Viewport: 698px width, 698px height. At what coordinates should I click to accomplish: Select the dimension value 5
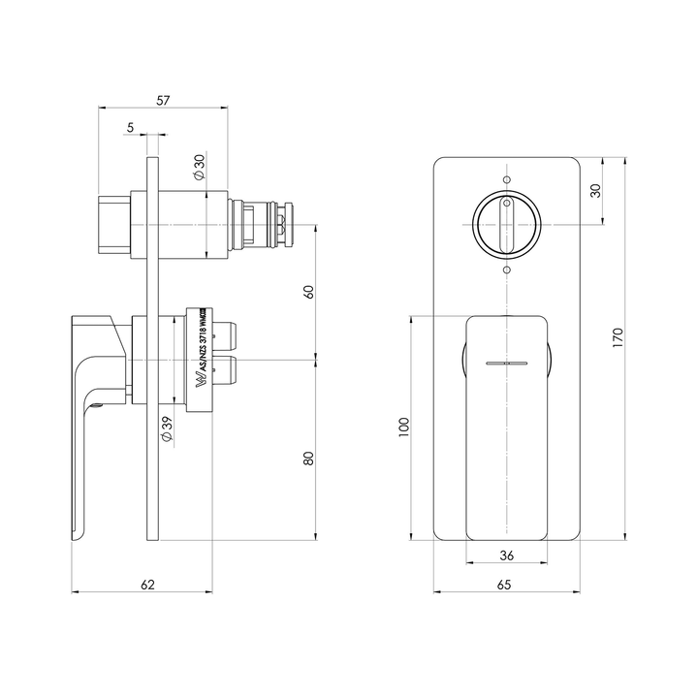click(129, 127)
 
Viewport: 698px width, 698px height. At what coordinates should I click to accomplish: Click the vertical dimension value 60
click(309, 293)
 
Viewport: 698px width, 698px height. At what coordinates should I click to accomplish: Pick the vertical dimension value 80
click(309, 458)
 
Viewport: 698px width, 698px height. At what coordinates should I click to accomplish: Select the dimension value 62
click(147, 585)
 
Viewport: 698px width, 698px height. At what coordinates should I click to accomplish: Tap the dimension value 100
click(403, 426)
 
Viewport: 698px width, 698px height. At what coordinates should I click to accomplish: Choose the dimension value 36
click(505, 555)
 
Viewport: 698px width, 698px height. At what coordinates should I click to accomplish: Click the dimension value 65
click(505, 585)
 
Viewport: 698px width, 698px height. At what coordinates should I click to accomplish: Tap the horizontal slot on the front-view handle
click(505, 363)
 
